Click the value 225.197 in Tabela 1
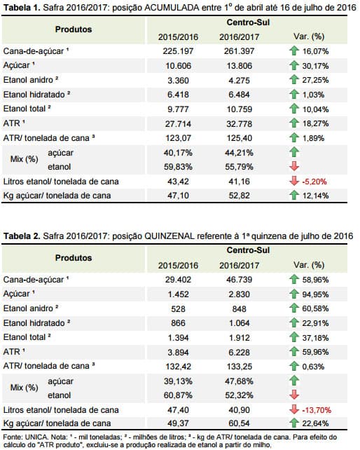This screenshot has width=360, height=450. click(178, 51)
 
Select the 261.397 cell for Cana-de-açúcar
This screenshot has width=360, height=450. click(239, 51)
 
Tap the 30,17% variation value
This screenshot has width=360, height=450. click(315, 66)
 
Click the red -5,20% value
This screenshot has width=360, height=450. click(314, 182)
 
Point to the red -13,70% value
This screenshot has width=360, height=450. click(317, 410)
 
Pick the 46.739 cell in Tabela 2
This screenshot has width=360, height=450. click(239, 280)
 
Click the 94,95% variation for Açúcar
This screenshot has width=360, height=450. click(315, 294)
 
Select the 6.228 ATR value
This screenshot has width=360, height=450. click(239, 352)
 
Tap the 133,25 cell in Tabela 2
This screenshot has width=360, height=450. click(239, 367)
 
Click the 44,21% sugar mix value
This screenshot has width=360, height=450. click(239, 153)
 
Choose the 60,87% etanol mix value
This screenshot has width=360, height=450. click(178, 395)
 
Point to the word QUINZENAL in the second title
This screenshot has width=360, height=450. click(169, 236)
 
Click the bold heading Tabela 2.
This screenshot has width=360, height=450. click(22, 236)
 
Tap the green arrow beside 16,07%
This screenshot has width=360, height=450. click(294, 50)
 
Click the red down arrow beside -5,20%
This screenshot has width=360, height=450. click(294, 181)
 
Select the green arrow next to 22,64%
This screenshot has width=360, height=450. click(294, 423)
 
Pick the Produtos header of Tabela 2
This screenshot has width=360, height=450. click(74, 258)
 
